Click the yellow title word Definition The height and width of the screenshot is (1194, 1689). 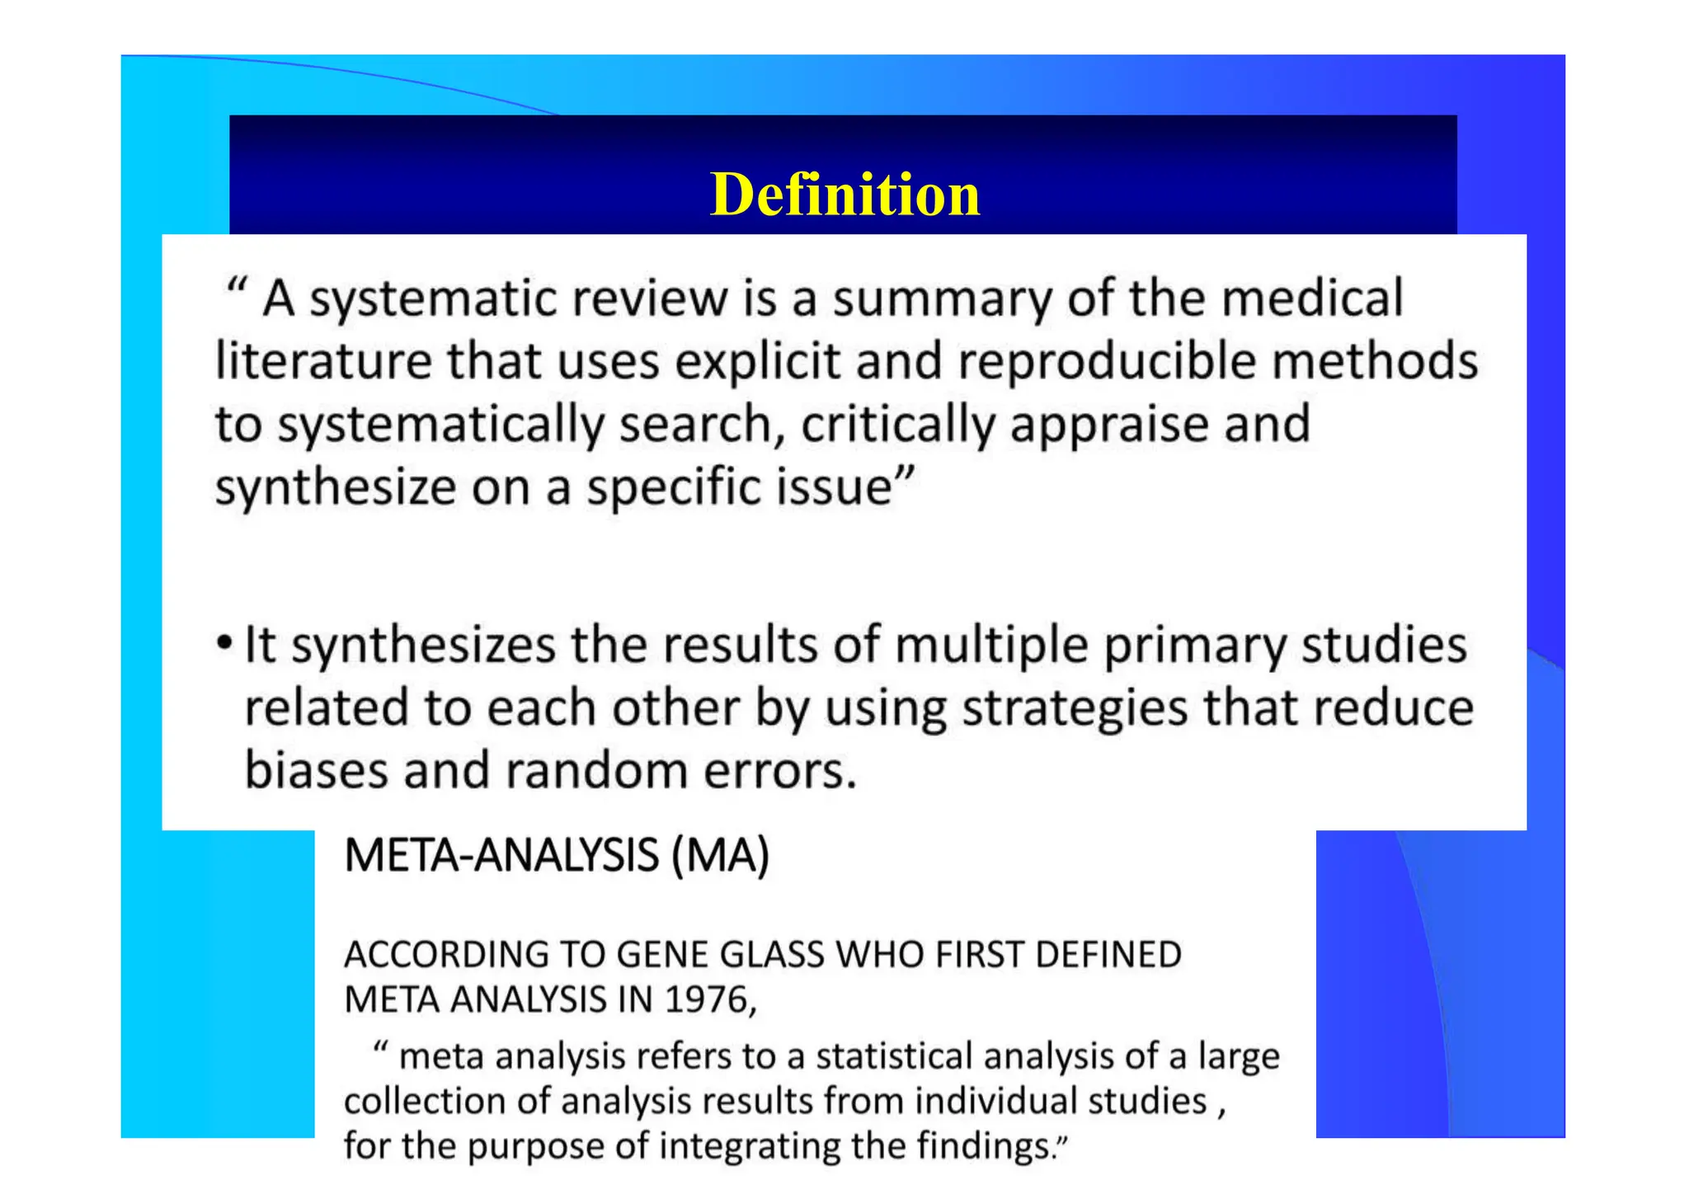[844, 195]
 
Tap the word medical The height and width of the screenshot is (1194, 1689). [1312, 298]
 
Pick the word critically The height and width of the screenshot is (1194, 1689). [898, 425]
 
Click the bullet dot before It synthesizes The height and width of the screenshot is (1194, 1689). [224, 644]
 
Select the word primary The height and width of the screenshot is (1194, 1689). [1195, 646]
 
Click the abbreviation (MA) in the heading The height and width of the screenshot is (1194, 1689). [721, 855]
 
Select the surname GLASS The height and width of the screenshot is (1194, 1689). [772, 955]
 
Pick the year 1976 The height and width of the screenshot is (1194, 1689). [705, 1000]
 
